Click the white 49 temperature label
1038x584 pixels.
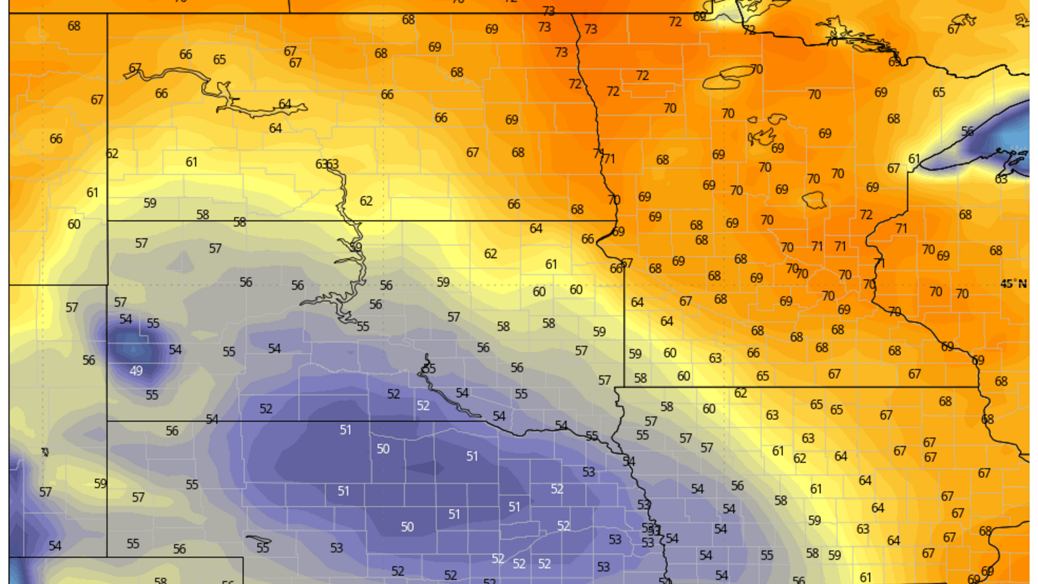[x=136, y=371]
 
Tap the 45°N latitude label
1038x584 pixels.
[x=1013, y=283]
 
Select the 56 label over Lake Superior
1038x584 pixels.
[x=967, y=131]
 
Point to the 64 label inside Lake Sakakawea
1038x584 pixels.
[x=285, y=104]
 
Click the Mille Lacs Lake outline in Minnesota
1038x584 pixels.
[x=815, y=200]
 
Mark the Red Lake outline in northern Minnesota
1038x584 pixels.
[x=728, y=76]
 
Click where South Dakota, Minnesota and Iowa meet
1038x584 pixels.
[x=615, y=387]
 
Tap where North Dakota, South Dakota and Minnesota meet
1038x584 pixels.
[x=614, y=221]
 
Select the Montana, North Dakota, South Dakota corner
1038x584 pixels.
[x=107, y=221]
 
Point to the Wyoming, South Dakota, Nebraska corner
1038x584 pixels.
[x=107, y=421]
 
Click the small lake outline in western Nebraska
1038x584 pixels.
[x=259, y=539]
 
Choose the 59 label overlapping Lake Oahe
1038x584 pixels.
[x=355, y=247]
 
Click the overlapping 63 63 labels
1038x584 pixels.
[x=327, y=164]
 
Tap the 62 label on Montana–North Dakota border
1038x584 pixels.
[x=112, y=154]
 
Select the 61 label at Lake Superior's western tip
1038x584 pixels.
[x=914, y=159]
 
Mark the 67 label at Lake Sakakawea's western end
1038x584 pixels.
[x=135, y=68]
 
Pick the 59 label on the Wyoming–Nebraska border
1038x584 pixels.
[x=100, y=483]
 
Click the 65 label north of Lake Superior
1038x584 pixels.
[x=939, y=92]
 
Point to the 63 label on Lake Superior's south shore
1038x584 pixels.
[x=1001, y=178]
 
